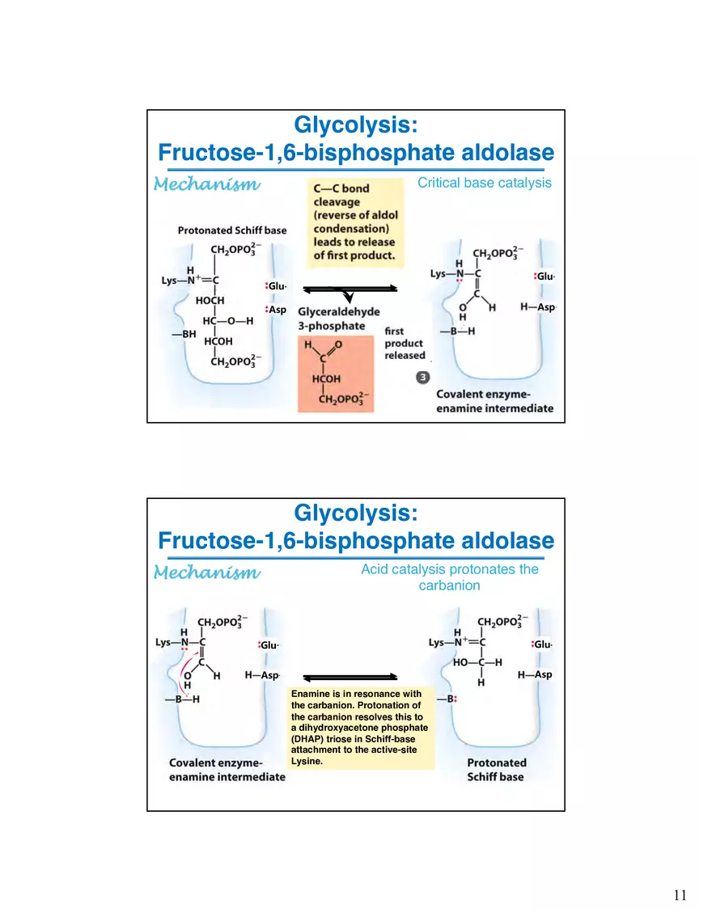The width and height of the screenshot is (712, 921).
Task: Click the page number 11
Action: (680, 894)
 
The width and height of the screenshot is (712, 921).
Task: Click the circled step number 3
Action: (423, 377)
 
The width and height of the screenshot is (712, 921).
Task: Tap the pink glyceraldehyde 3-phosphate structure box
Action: (336, 374)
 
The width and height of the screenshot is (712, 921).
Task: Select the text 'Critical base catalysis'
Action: (484, 183)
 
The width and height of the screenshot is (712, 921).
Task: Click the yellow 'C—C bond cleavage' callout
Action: (354, 222)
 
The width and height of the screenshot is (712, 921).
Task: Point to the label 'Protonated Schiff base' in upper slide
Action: (232, 230)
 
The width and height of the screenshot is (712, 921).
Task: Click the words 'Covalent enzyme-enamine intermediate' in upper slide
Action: (494, 401)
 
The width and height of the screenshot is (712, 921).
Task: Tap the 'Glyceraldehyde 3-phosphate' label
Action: (338, 318)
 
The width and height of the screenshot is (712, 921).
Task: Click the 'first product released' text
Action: (405, 343)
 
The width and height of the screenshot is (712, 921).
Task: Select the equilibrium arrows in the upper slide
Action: (350, 289)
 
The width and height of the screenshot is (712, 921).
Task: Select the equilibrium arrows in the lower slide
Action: (350, 677)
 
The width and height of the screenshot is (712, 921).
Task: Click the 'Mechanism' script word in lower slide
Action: (207, 572)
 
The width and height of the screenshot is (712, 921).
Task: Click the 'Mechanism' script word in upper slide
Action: (207, 184)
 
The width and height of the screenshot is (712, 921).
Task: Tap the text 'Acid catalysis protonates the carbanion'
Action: (449, 577)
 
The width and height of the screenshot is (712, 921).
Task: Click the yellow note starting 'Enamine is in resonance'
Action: (362, 728)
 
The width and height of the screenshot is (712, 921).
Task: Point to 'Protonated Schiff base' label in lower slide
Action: (496, 769)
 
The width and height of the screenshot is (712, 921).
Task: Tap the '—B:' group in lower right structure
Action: (447, 699)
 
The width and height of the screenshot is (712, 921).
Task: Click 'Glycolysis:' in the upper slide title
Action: (355, 125)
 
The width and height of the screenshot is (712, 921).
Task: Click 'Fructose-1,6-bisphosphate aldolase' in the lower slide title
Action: (355, 540)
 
